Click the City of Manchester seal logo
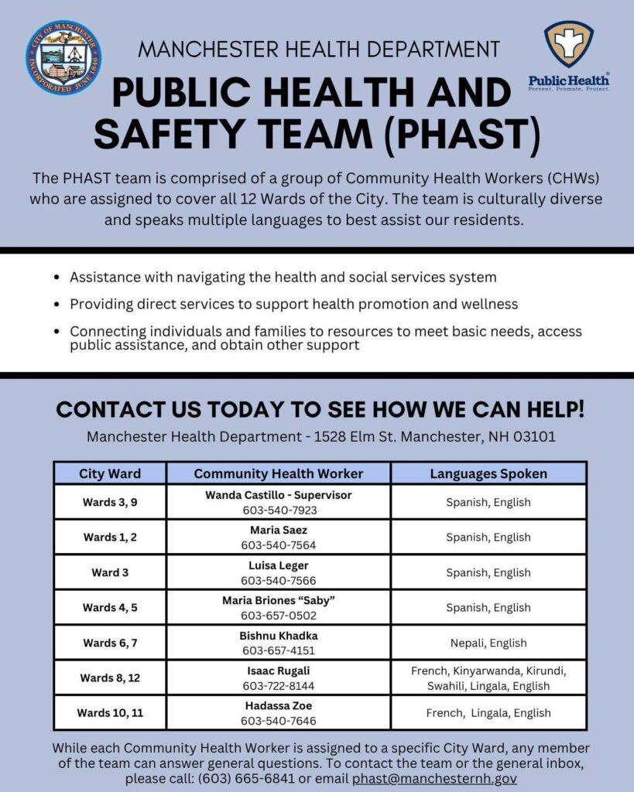click(63, 58)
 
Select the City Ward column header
click(110, 473)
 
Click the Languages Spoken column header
click(488, 473)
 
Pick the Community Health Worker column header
click(279, 473)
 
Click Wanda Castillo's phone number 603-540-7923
click(279, 510)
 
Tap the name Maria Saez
click(279, 531)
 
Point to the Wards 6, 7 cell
click(110, 643)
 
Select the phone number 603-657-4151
click(279, 650)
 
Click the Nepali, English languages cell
click(488, 643)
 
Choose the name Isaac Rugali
click(279, 671)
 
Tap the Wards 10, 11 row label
click(110, 713)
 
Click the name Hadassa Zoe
click(279, 705)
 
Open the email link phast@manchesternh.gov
click(434, 779)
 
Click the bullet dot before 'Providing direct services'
click(59, 305)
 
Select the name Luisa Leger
click(279, 565)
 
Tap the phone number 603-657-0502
click(279, 616)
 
